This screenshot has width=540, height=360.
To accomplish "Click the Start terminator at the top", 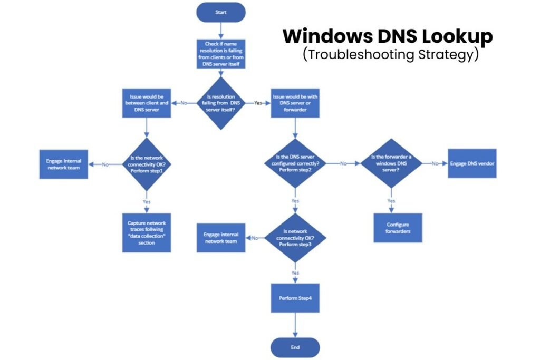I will [220, 12].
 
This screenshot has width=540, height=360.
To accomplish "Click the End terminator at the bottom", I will [295, 347].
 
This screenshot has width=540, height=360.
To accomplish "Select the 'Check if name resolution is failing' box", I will [221, 54].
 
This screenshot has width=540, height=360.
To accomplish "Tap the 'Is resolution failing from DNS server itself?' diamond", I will [221, 103].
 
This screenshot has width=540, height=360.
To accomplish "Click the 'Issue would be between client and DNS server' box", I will [147, 103].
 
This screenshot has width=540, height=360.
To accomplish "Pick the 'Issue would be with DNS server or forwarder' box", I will [294, 103].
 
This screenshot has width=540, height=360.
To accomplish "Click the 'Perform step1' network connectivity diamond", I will [147, 164].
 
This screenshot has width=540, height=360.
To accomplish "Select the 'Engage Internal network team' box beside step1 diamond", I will [63, 164].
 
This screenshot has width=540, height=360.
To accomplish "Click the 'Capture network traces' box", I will [147, 232].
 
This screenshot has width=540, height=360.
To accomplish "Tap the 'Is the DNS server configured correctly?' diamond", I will [294, 164].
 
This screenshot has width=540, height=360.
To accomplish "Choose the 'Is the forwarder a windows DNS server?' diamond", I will [391, 164].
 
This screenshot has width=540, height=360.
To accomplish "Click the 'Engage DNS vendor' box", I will [472, 163].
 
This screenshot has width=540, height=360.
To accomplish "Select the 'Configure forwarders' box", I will [398, 227].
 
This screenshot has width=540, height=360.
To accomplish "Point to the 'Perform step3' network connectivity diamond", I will [294, 238].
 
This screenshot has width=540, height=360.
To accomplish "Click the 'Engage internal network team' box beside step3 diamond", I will [220, 238].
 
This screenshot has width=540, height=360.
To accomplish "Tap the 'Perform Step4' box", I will [295, 299].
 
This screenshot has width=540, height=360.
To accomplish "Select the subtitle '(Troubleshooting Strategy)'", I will [391, 54].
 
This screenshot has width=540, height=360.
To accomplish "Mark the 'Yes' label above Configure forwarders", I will [391, 201].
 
